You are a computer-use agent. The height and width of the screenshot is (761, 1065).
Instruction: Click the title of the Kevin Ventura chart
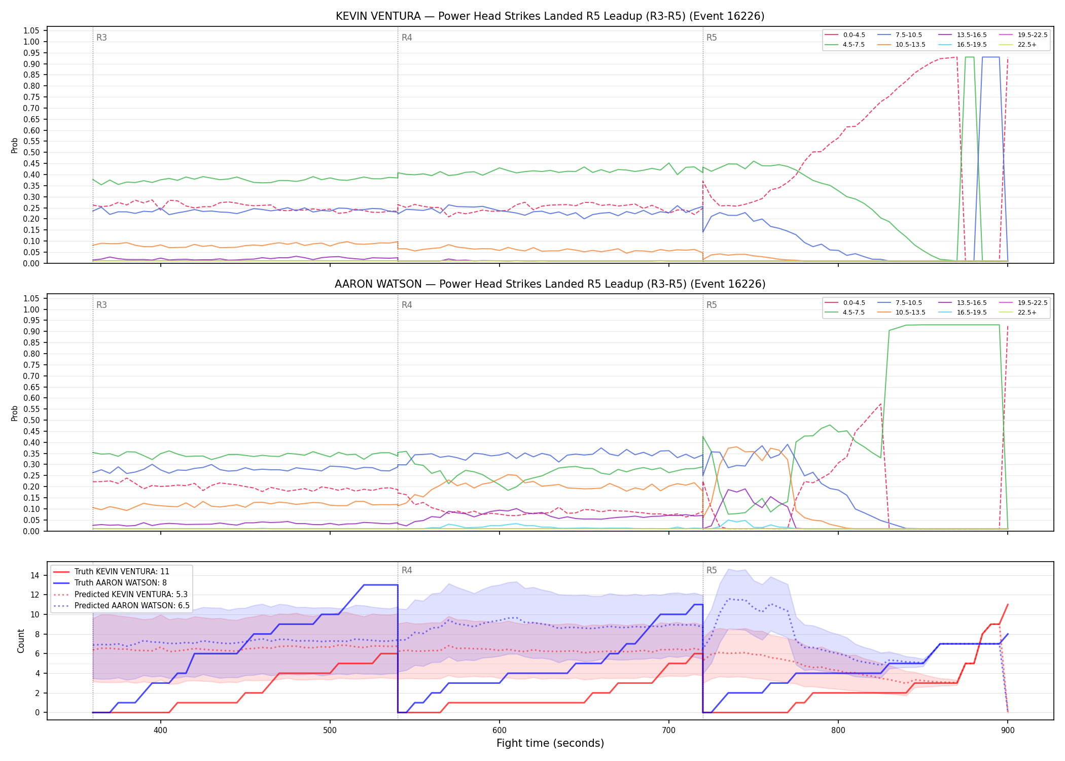click(550, 16)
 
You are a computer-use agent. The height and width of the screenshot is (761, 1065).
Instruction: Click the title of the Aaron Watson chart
click(550, 284)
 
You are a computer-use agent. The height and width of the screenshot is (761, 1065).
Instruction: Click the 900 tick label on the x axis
click(1008, 730)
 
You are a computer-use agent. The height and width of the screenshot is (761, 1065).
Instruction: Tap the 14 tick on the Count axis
click(35, 575)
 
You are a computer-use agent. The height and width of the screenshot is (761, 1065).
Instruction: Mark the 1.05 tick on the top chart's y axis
click(31, 31)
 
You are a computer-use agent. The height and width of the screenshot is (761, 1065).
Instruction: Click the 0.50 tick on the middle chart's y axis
click(31, 420)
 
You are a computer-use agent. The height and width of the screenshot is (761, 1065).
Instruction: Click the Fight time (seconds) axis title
click(550, 743)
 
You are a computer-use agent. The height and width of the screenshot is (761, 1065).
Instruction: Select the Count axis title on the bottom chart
click(21, 641)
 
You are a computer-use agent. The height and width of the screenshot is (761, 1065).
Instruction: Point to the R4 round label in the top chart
click(407, 38)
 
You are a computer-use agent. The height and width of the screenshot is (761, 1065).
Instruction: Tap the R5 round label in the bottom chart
click(712, 570)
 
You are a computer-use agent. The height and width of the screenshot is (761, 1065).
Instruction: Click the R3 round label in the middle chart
click(101, 305)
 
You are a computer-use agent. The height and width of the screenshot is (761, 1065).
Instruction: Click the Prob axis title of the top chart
click(15, 145)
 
